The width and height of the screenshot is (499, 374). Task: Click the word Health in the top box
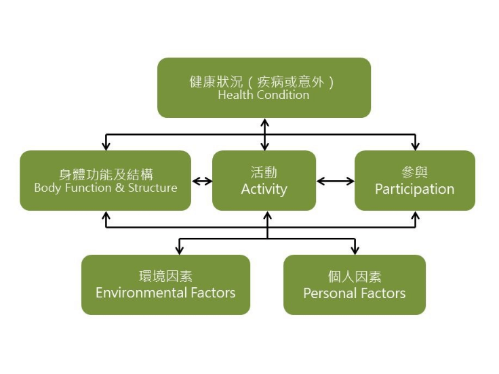click(x=234, y=96)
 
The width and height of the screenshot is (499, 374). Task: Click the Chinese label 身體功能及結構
click(x=106, y=174)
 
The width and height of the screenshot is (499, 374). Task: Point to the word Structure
click(x=153, y=188)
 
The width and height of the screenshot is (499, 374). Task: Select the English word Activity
click(x=264, y=189)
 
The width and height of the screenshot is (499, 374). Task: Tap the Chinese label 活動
click(x=264, y=173)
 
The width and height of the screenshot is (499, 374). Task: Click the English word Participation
click(x=415, y=189)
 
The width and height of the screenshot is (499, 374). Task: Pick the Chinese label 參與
click(x=415, y=173)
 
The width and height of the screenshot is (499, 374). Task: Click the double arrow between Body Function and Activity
click(x=202, y=181)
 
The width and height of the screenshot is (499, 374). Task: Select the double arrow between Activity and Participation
click(x=336, y=181)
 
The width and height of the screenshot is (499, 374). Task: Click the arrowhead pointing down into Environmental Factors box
click(x=179, y=250)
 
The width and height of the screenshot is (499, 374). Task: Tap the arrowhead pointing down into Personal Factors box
click(x=355, y=250)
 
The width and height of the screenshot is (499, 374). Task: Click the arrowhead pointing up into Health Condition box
click(x=264, y=123)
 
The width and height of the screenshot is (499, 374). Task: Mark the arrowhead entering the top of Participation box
click(x=416, y=146)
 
